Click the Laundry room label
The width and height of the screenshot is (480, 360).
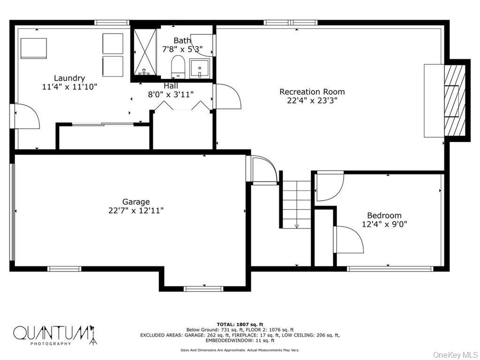point(69,78)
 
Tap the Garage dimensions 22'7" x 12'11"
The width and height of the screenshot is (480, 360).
point(136,210)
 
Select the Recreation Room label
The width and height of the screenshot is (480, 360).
point(312,92)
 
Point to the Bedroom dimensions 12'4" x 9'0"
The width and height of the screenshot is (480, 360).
point(384,224)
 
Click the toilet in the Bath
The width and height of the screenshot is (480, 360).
point(178,66)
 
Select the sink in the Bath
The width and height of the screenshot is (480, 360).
point(200,68)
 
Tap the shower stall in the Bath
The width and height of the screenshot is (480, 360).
point(145,52)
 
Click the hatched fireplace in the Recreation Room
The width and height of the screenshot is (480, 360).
point(455,100)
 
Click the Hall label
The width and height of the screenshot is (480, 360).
point(171,86)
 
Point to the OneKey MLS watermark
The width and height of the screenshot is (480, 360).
point(454,355)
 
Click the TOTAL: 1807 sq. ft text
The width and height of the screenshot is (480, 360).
point(240,324)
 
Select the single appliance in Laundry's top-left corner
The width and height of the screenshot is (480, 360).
point(34,48)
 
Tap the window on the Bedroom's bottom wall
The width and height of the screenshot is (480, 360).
point(389,269)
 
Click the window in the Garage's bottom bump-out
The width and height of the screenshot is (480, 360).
point(203,288)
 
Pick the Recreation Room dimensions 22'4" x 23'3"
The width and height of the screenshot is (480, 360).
point(312,100)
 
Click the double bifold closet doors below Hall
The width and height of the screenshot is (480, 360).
point(182,107)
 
